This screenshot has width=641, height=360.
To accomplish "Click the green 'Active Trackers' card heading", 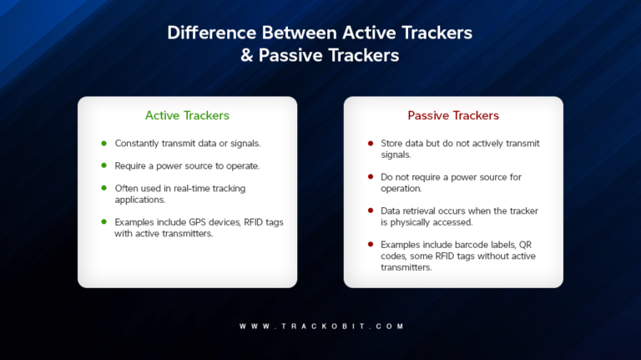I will [187, 115].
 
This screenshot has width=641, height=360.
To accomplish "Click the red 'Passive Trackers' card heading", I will [453, 115].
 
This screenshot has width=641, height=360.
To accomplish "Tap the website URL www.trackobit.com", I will [320, 326].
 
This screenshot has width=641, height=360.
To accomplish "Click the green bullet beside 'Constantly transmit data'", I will [103, 144].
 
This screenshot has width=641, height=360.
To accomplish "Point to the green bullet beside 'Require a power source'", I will [103, 165].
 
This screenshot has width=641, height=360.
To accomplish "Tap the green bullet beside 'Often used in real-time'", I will [103, 188].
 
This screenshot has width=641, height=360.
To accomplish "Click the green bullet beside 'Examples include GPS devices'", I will [103, 221].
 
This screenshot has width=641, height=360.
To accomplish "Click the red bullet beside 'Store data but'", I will [371, 144].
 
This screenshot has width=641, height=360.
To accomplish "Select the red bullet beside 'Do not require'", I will [371, 177].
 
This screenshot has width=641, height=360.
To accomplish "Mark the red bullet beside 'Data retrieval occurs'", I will [371, 210].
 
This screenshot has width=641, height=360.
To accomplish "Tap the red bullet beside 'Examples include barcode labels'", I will [371, 244].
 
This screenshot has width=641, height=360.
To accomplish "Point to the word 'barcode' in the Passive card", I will [468, 244].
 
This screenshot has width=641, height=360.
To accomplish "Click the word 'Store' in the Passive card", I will [392, 144].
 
